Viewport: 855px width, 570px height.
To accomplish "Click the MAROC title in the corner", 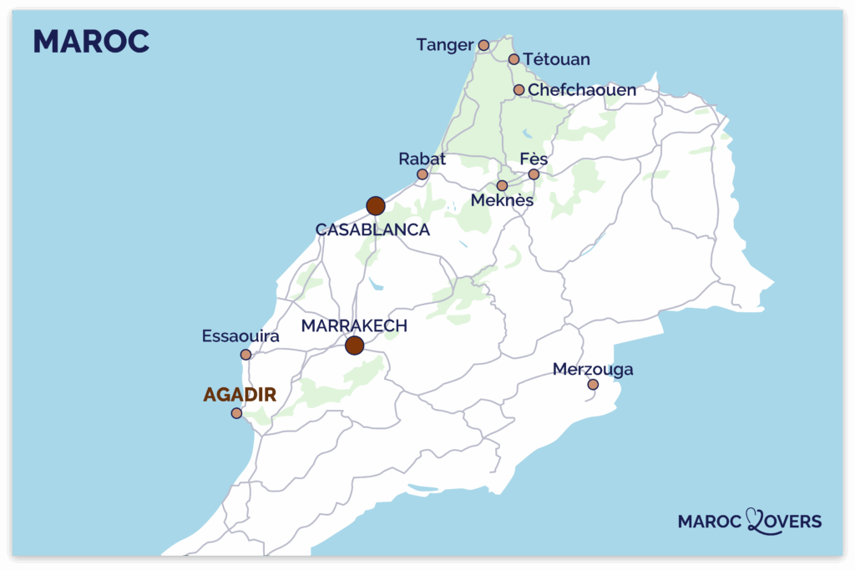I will pyautogui.click(x=91, y=41).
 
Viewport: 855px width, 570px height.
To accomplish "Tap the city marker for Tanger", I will pyautogui.click(x=483, y=45).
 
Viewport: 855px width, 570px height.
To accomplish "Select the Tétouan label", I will pyautogui.click(x=557, y=59).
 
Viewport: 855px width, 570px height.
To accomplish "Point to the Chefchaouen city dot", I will pyautogui.click(x=519, y=90).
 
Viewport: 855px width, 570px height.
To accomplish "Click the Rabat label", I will pyautogui.click(x=422, y=159).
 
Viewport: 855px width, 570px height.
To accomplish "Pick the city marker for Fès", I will pyautogui.click(x=534, y=174).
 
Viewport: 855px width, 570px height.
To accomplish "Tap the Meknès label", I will pyautogui.click(x=502, y=201).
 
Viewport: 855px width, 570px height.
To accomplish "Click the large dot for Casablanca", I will pyautogui.click(x=376, y=206).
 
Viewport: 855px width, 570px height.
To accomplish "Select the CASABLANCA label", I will pyautogui.click(x=372, y=230).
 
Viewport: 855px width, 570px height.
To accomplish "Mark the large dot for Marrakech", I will pyautogui.click(x=355, y=346).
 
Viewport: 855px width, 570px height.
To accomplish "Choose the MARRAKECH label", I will pyautogui.click(x=354, y=325).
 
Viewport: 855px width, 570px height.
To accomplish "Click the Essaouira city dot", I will pyautogui.click(x=245, y=355).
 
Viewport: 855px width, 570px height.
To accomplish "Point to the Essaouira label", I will pyautogui.click(x=240, y=336).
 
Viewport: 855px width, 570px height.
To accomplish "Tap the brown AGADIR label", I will pyautogui.click(x=240, y=395).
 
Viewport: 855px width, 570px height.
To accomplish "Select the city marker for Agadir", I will pyautogui.click(x=237, y=413).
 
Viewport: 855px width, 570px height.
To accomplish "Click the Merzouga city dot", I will pyautogui.click(x=593, y=385).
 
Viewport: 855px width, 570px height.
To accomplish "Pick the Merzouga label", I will pyautogui.click(x=593, y=369).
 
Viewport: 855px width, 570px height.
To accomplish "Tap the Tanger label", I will pyautogui.click(x=445, y=45).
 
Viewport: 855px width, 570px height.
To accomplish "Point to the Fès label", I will pyautogui.click(x=534, y=159).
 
